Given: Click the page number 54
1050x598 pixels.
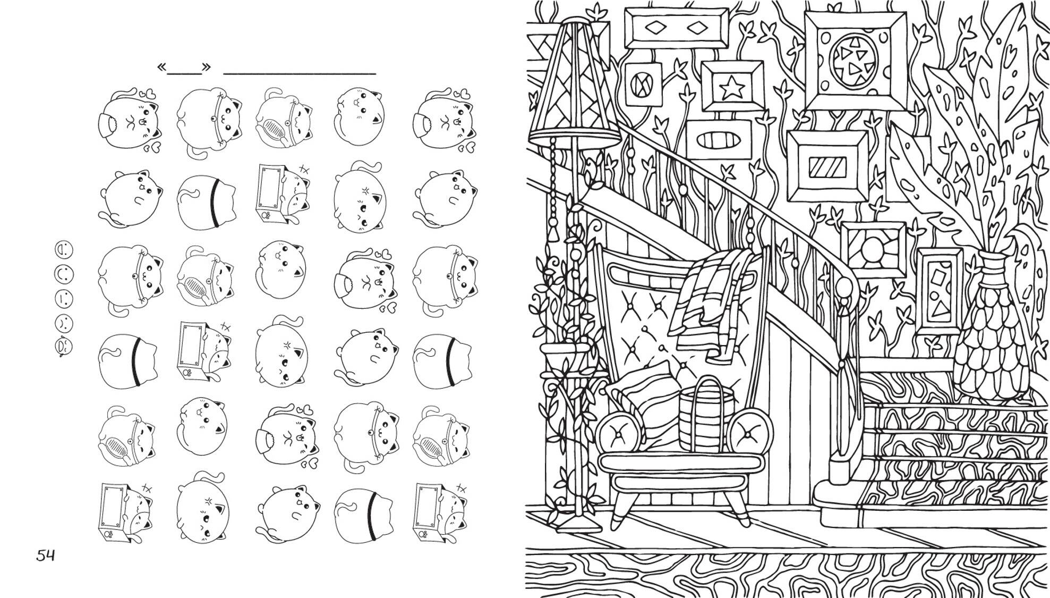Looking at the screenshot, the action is coord(45,556).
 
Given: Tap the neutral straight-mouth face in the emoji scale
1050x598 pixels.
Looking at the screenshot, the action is coord(64,298).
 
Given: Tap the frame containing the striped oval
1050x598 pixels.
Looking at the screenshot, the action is coord(719,140).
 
